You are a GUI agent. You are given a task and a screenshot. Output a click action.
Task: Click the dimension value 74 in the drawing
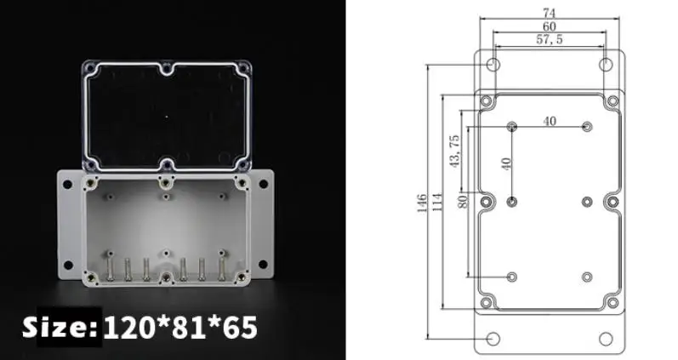point(550,13)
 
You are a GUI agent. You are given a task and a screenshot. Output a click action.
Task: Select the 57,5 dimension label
point(550,39)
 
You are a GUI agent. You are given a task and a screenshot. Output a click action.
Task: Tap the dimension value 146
point(422,203)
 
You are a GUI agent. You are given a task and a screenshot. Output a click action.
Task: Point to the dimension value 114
point(437,202)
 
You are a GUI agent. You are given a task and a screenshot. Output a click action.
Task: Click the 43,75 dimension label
point(454,151)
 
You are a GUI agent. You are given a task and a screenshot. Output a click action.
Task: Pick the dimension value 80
point(463,201)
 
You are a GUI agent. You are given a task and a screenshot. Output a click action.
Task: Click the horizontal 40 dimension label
point(550,121)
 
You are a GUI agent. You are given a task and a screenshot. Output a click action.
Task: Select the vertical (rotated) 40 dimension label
point(506,163)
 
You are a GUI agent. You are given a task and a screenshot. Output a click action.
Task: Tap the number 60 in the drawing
point(550,26)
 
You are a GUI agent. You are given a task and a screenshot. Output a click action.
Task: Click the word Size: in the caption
point(60,327)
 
